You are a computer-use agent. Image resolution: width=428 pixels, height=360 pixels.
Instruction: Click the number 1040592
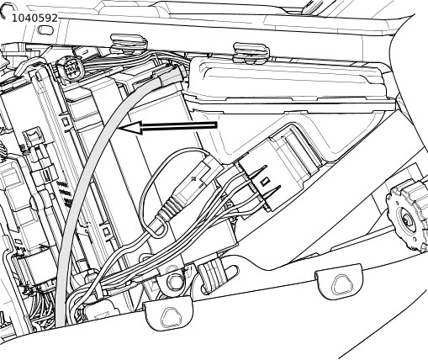(x=34, y=19)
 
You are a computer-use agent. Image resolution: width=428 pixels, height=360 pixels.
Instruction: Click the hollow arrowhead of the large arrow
(x=129, y=128)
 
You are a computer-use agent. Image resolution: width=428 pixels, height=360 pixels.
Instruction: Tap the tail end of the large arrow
(x=217, y=125)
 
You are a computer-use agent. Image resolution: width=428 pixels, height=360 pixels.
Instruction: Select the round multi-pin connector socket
(x=70, y=69)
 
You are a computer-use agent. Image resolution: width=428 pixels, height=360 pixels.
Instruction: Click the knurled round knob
(x=407, y=214)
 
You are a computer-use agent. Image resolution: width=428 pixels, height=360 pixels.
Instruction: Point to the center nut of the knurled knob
(x=406, y=220)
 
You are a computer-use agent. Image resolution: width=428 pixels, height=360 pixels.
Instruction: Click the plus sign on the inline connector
(x=193, y=178)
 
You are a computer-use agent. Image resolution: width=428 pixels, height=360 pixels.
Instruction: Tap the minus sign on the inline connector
(x=201, y=185)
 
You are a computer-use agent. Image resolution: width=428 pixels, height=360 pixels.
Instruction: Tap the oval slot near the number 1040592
(x=45, y=29)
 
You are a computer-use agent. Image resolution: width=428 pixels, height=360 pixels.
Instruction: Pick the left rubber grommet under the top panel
(x=129, y=44)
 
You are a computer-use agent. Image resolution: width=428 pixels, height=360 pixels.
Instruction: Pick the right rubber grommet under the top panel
(x=251, y=52)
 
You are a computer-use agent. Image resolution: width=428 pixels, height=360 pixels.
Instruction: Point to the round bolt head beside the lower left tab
(x=175, y=282)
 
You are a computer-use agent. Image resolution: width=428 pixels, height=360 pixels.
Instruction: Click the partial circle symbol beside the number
(x=6, y=11)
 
